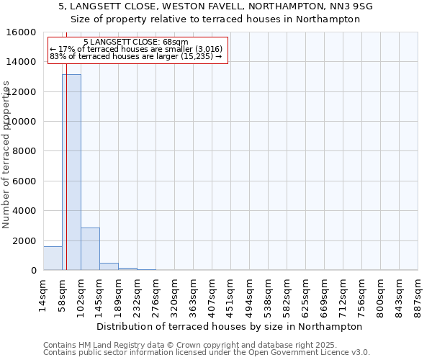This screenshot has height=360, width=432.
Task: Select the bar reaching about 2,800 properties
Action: [x=90, y=249]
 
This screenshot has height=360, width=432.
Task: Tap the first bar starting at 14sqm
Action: [x=53, y=258]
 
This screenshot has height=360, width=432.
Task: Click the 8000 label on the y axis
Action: [x=26, y=151]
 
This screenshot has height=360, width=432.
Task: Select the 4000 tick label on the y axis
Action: [x=26, y=211]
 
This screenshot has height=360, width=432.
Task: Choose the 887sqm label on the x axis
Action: [x=418, y=293]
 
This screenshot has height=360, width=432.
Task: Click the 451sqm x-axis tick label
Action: [x=231, y=293]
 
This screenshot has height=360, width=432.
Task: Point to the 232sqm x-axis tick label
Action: [x=138, y=293]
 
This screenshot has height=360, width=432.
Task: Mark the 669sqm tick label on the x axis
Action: [x=325, y=293]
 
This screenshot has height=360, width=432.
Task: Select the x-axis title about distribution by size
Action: [x=229, y=326]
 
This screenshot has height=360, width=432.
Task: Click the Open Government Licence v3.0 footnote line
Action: [x=206, y=353]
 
